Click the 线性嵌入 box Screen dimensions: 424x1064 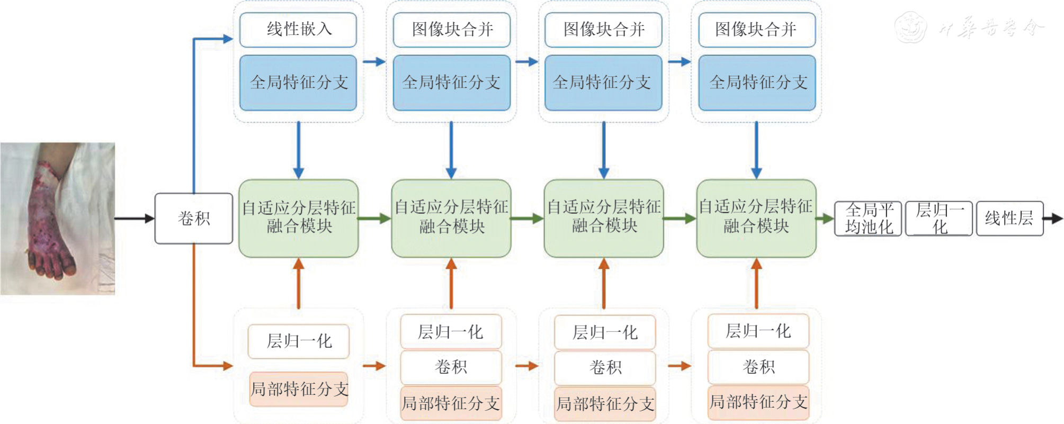click(x=298, y=30)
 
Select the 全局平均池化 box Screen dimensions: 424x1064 click(x=868, y=218)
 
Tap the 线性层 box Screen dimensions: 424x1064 click(x=1009, y=218)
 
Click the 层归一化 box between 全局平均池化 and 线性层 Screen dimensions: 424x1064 click(x=939, y=218)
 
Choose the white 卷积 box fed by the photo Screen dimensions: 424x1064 click(x=194, y=218)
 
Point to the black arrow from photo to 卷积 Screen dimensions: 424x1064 click(x=135, y=218)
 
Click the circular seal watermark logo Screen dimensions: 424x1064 click(x=910, y=27)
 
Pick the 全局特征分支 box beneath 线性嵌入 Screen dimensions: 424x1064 click(x=298, y=83)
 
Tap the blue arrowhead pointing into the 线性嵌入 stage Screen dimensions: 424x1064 click(x=228, y=39)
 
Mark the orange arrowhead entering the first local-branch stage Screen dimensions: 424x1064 click(x=228, y=365)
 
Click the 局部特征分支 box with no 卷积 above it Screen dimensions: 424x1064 click(x=299, y=390)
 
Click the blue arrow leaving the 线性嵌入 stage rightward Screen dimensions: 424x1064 click(x=374, y=61)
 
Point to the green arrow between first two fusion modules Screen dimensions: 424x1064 click(x=374, y=218)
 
